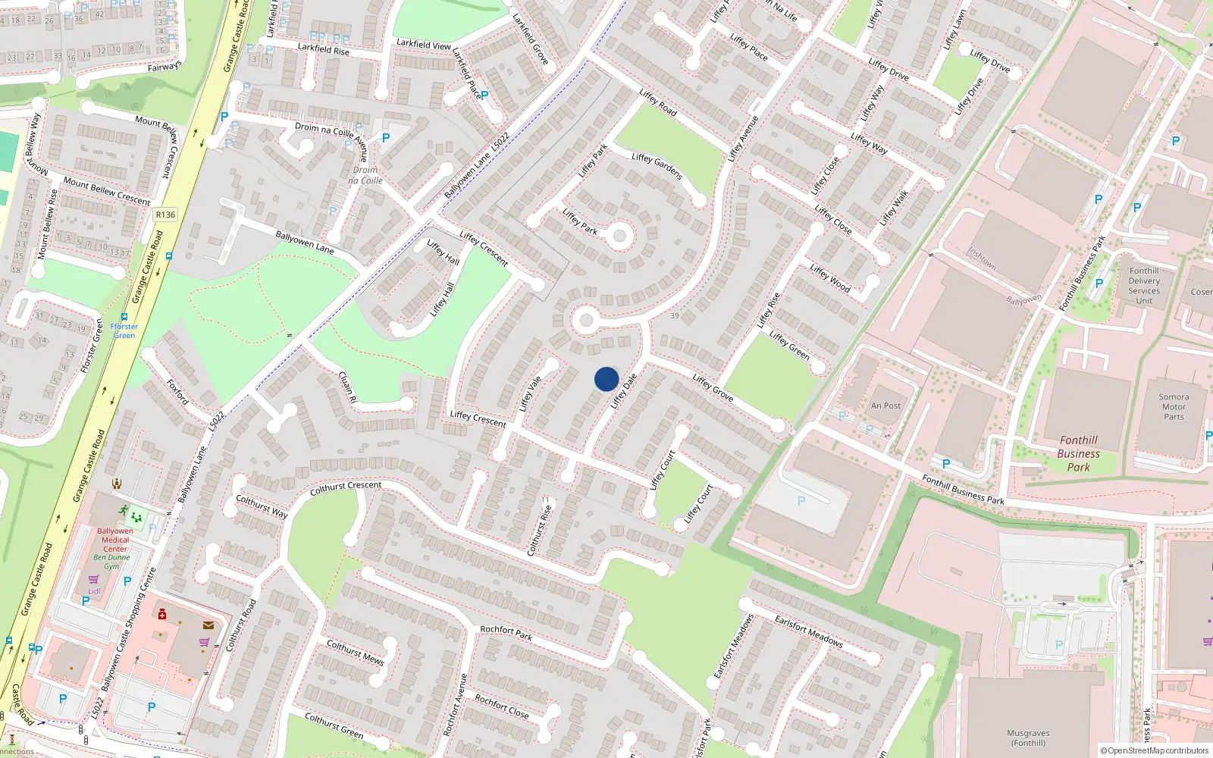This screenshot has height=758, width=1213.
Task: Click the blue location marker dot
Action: pyautogui.click(x=606, y=379)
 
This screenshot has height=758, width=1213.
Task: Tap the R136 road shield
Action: pyautogui.click(x=165, y=215)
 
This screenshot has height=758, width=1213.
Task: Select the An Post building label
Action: pyautogui.click(x=885, y=406)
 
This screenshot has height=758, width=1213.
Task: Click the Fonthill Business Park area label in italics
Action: pyautogui.click(x=1078, y=453)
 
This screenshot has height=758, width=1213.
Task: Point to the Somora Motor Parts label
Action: pyautogui.click(x=1174, y=407)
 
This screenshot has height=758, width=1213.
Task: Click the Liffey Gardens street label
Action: pyautogui.click(x=657, y=166)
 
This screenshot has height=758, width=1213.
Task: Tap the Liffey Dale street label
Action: pyautogui.click(x=623, y=390)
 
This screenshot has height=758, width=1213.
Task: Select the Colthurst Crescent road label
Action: pyautogui.click(x=346, y=488)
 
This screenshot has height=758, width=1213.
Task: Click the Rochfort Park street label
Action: pyautogui.click(x=506, y=632)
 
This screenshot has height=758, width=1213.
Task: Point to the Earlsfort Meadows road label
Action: pyautogui.click(x=808, y=631)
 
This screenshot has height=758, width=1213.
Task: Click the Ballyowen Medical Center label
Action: pyautogui.click(x=115, y=540)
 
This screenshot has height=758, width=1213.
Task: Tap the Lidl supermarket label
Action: pyautogui.click(x=94, y=591)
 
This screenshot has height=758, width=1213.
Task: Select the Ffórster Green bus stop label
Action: pyautogui.click(x=124, y=330)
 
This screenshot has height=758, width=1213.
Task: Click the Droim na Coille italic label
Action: pyautogui.click(x=365, y=175)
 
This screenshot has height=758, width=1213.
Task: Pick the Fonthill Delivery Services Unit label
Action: pyautogui.click(x=1143, y=286)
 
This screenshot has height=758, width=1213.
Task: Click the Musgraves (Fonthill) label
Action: pyautogui.click(x=1028, y=738)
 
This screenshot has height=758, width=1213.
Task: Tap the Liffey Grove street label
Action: pyautogui.click(x=713, y=387)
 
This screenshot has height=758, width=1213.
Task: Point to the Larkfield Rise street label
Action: pyautogui.click(x=323, y=49)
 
